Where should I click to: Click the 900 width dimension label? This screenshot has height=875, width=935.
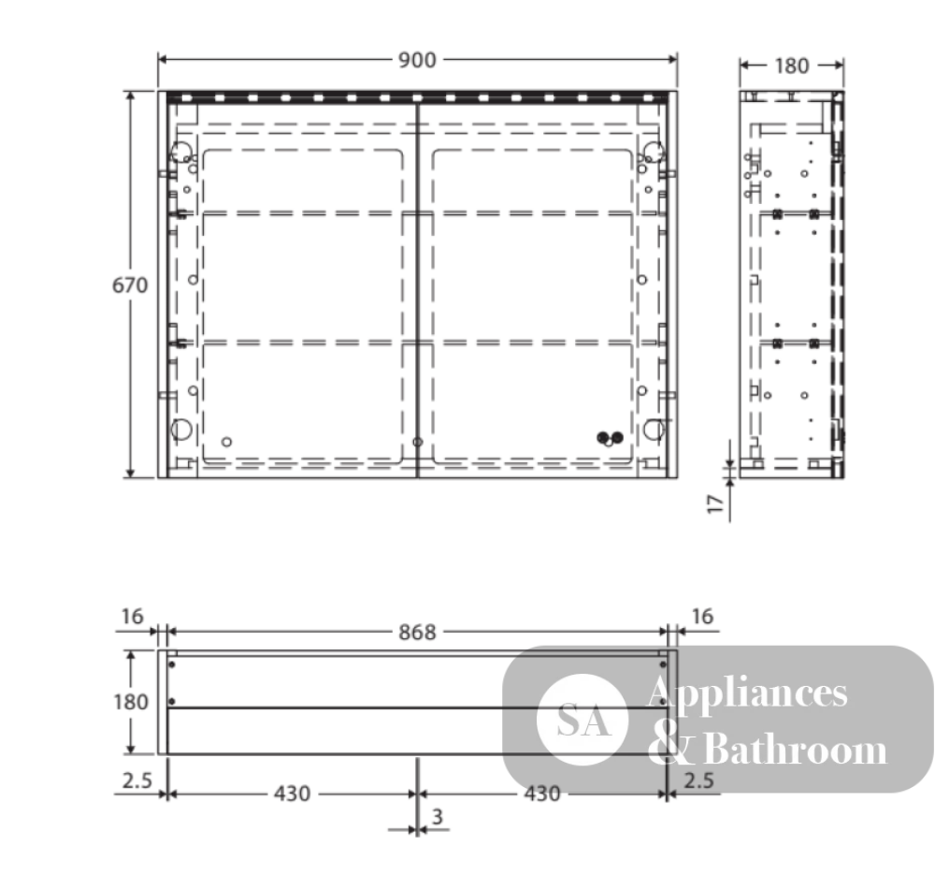pos(417,60)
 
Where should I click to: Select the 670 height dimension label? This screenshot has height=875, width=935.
pos(130,285)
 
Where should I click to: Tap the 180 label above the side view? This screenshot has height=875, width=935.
pos(791,66)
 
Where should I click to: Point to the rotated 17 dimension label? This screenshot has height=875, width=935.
pos(715,503)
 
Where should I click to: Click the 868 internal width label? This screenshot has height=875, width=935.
pos(417,632)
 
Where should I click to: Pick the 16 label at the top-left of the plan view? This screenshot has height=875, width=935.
pos(133,616)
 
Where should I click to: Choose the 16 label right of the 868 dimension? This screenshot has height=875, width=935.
pos(702,616)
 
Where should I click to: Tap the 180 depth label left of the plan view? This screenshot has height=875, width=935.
pos(131,702)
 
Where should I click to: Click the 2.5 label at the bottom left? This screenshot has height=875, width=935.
pos(137,780)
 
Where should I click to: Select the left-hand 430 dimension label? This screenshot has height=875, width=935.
pos(292,794)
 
